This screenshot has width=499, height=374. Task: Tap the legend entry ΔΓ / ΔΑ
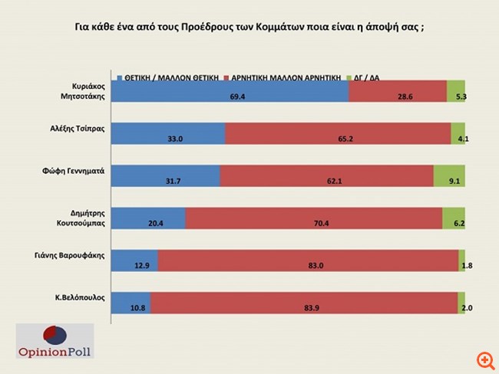[x=365, y=77]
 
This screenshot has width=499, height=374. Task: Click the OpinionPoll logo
[x=55, y=341]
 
